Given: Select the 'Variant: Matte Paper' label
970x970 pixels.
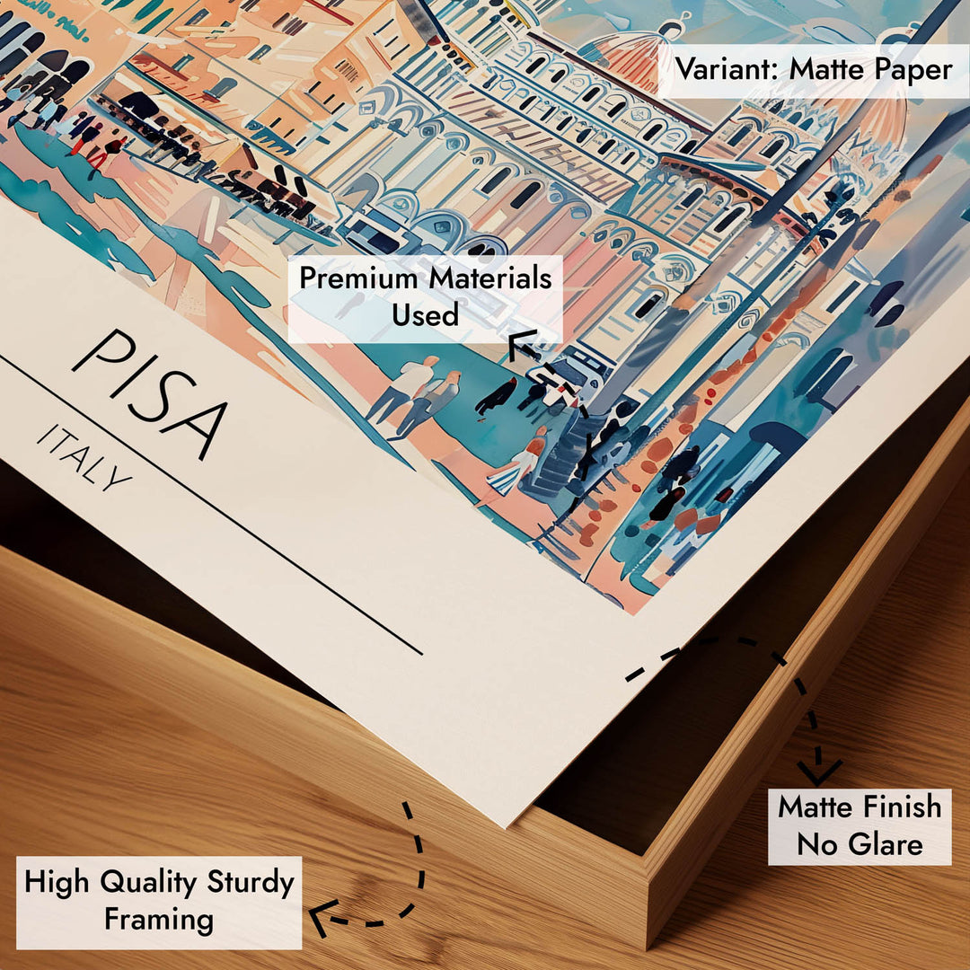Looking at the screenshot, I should [x=814, y=69].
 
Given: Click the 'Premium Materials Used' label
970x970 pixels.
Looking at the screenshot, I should [x=425, y=296].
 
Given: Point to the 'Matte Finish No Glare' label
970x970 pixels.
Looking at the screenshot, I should [x=860, y=825].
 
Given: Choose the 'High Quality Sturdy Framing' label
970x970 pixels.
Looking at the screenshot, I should [x=159, y=901].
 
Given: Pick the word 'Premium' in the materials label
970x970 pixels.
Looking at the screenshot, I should [x=359, y=278].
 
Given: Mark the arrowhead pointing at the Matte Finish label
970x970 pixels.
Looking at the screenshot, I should [x=819, y=771].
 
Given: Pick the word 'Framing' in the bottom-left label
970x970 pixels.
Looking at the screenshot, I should [x=159, y=920].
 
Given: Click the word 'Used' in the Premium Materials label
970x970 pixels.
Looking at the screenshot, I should [x=425, y=314].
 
